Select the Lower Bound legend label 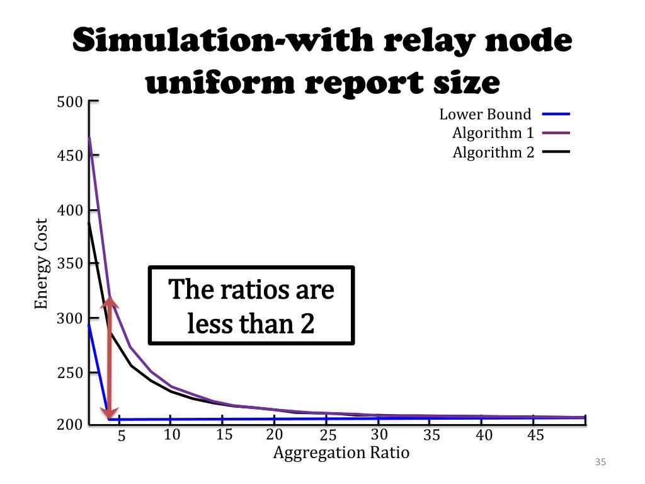(485, 115)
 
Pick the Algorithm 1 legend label (493, 134)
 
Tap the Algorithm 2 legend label (493, 153)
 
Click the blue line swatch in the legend (555, 115)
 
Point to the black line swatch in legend (555, 152)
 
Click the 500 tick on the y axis (70, 102)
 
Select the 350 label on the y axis (70, 264)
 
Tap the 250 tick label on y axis (70, 372)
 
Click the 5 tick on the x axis (122, 436)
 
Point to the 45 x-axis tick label (535, 435)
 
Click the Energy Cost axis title (42, 264)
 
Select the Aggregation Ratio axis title (341, 452)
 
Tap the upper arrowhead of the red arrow (110, 301)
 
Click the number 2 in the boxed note (306, 324)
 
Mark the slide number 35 (600, 463)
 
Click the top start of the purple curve (89, 137)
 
